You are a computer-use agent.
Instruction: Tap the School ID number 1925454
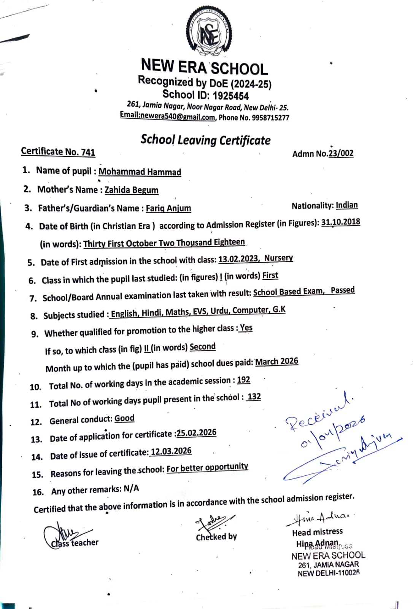pos(230,96)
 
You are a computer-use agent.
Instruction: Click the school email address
pos(168,116)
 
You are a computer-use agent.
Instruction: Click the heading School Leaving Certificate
pos(205,140)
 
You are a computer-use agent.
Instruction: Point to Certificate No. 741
pos(58,151)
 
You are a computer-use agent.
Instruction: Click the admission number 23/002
pos(341,153)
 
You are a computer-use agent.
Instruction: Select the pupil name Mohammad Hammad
pos(140,172)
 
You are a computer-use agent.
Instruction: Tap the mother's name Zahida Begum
pos(131,190)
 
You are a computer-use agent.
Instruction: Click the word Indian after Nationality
pos(346,205)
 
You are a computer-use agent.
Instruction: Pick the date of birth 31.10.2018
pos(340,222)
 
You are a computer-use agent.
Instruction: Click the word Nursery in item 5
pos(278,258)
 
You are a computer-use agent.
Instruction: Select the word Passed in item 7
pos(342,290)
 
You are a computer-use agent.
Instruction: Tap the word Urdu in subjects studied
pos(219,311)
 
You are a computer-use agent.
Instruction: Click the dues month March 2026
pos(276,362)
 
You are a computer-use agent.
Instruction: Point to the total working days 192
pos(243,380)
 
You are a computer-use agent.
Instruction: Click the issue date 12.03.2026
pos(171,451)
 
